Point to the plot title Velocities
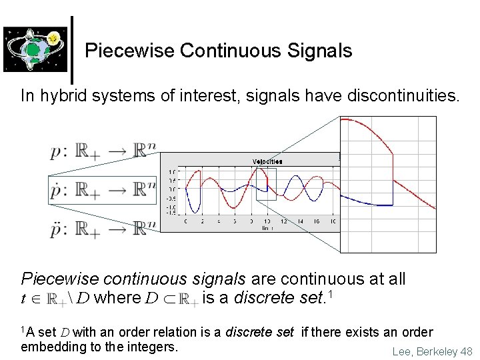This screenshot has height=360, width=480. (267, 161)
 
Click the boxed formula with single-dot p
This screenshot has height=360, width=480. (102, 191)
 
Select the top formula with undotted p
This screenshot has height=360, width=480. (102, 151)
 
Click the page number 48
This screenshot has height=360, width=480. (466, 351)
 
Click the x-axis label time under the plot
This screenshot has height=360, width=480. (267, 228)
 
